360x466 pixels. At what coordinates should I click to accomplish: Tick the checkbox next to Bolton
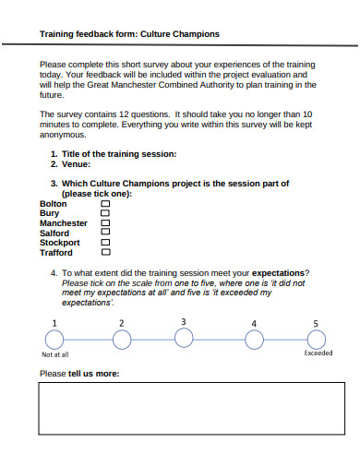coord(104,204)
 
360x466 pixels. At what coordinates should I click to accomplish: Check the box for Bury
coord(104,213)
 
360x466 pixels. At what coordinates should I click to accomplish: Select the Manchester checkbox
coord(104,223)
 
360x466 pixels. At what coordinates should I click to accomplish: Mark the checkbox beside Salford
coord(104,233)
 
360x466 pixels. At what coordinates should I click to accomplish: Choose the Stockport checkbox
coord(104,242)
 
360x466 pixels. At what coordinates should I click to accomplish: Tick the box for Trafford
coord(104,252)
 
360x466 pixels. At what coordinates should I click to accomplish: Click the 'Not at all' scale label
coord(55,354)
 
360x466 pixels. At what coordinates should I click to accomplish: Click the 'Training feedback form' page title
coord(129,33)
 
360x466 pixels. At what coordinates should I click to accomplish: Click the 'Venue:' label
coord(77,163)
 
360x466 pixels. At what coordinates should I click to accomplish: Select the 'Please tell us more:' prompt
coord(79,374)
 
